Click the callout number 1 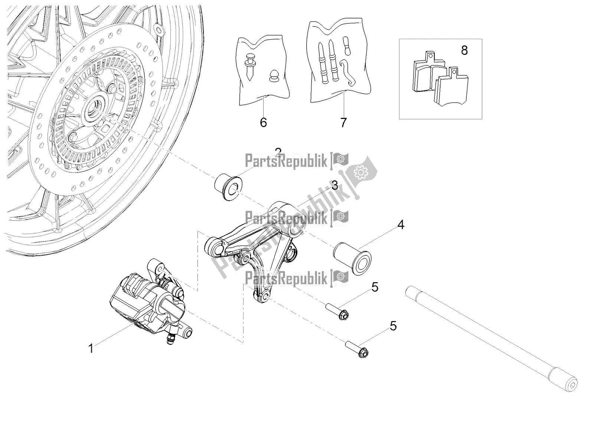[90, 348]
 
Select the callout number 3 [334, 185]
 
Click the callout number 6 [263, 122]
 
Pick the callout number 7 [343, 122]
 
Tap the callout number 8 [464, 50]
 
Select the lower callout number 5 [393, 326]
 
